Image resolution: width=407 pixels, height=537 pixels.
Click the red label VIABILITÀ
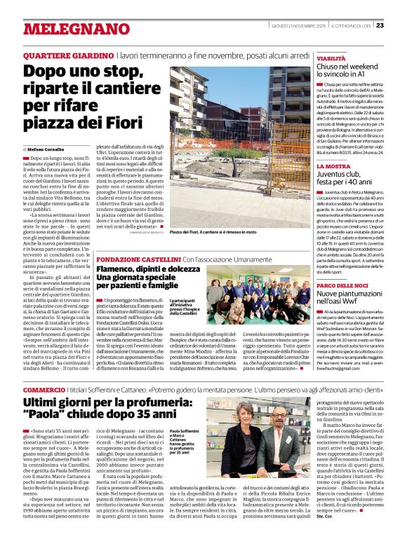[332, 58]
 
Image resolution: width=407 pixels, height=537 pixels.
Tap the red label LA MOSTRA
[333, 166]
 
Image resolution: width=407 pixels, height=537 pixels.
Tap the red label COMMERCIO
[44, 388]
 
